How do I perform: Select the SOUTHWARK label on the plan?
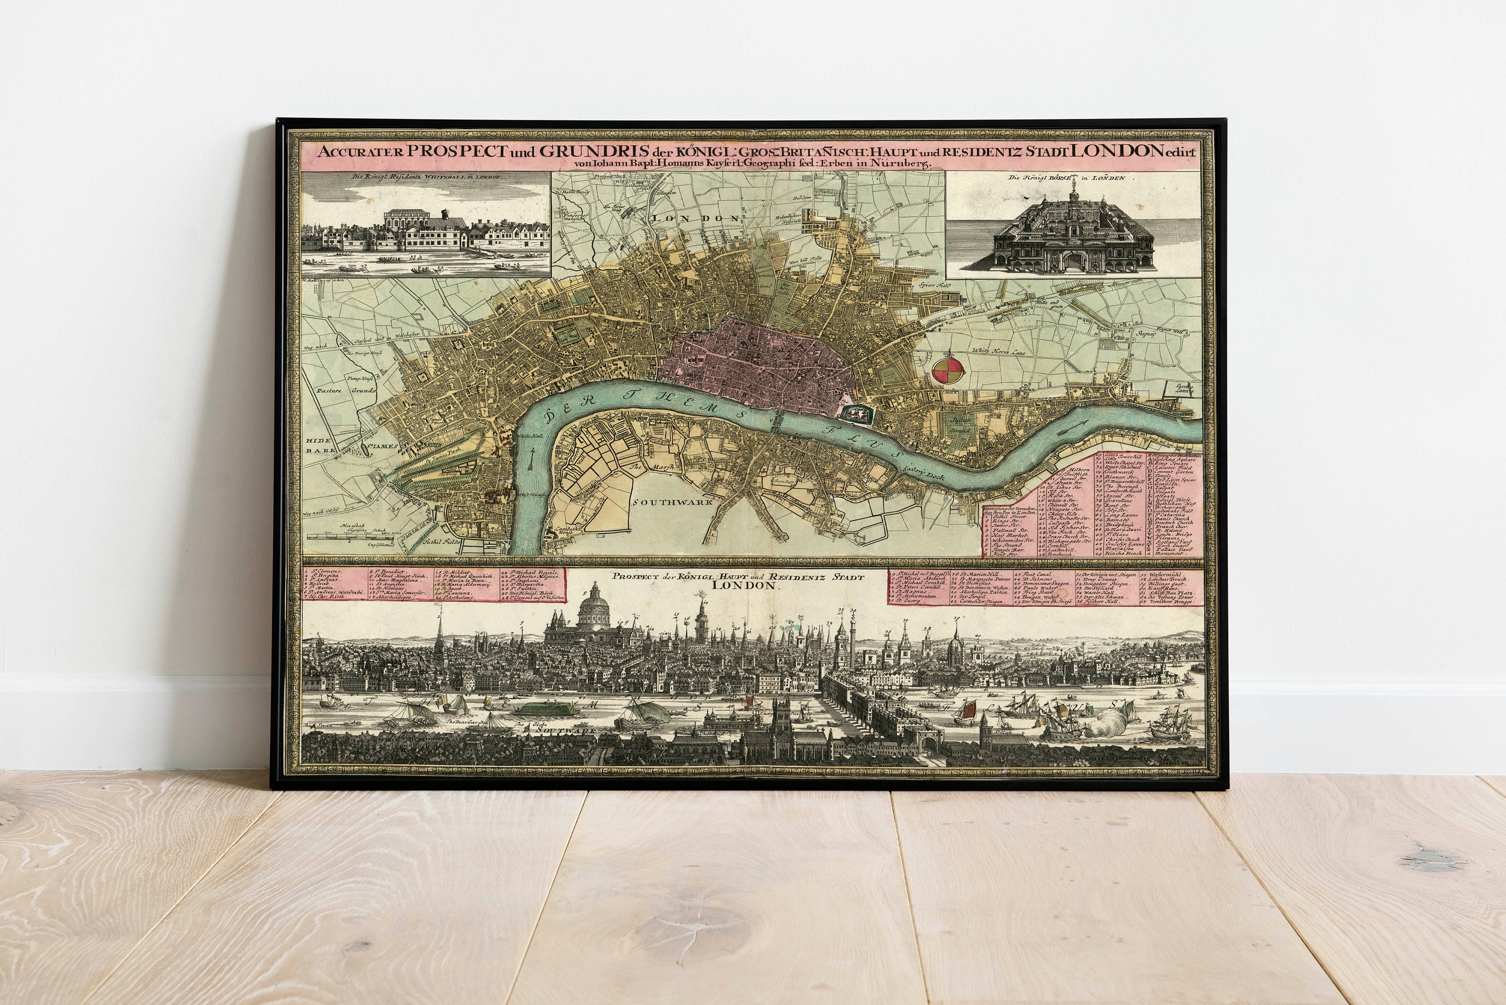[x=673, y=502]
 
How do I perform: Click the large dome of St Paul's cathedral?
[x=595, y=608]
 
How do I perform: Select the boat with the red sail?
[x=969, y=709]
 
